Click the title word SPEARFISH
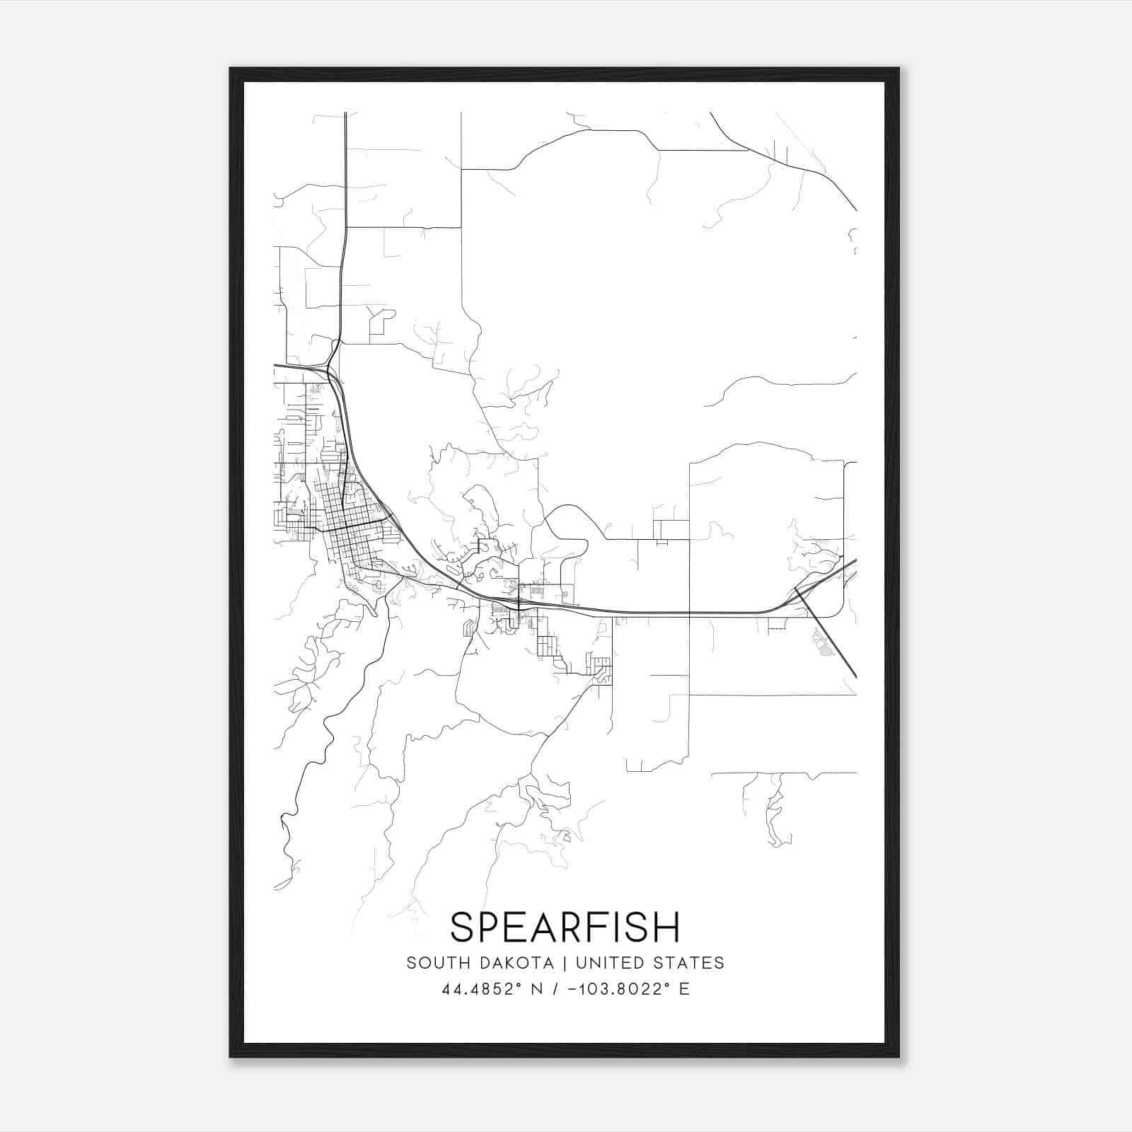565,928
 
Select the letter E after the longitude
684,989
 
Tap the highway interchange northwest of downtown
327,369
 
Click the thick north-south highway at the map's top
345,177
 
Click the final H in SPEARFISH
666,928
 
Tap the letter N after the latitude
536,989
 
